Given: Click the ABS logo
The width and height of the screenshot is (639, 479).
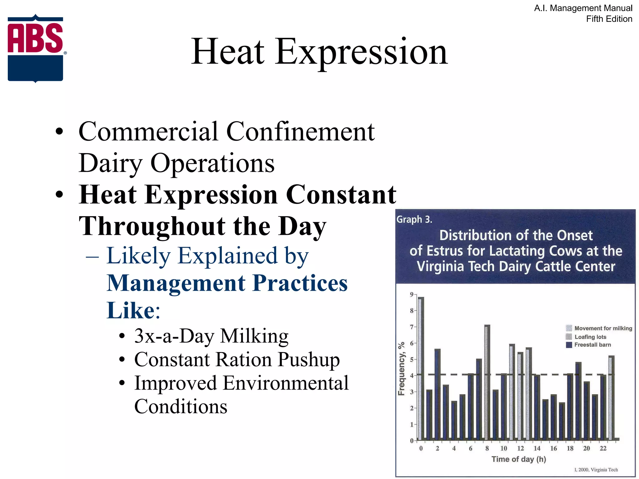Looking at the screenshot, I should [x=36, y=48].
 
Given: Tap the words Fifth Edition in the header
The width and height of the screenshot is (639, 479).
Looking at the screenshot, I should [x=609, y=19].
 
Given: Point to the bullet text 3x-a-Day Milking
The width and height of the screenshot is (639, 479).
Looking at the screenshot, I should [x=211, y=336].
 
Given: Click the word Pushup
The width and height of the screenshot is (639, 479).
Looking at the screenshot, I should [x=309, y=360].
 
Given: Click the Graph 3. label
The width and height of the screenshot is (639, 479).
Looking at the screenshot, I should [x=414, y=220].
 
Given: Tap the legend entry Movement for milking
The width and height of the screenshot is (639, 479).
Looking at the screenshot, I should [x=603, y=328].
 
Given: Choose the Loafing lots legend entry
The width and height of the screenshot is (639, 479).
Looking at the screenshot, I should [x=590, y=337].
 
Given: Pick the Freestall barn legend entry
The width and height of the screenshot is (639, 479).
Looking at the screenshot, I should [x=592, y=345].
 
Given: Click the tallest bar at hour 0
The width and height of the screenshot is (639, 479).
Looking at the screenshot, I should [x=421, y=368].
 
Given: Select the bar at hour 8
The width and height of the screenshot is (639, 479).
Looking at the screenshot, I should [x=487, y=382].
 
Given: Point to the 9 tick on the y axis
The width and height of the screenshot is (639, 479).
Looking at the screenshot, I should [x=412, y=294].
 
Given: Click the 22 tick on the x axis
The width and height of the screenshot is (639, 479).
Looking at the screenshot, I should [x=603, y=448].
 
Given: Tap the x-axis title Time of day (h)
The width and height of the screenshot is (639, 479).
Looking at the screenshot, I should [x=519, y=459].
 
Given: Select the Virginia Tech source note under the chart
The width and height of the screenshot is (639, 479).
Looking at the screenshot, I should [x=596, y=470].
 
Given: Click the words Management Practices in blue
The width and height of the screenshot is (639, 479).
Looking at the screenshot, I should [x=227, y=283].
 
